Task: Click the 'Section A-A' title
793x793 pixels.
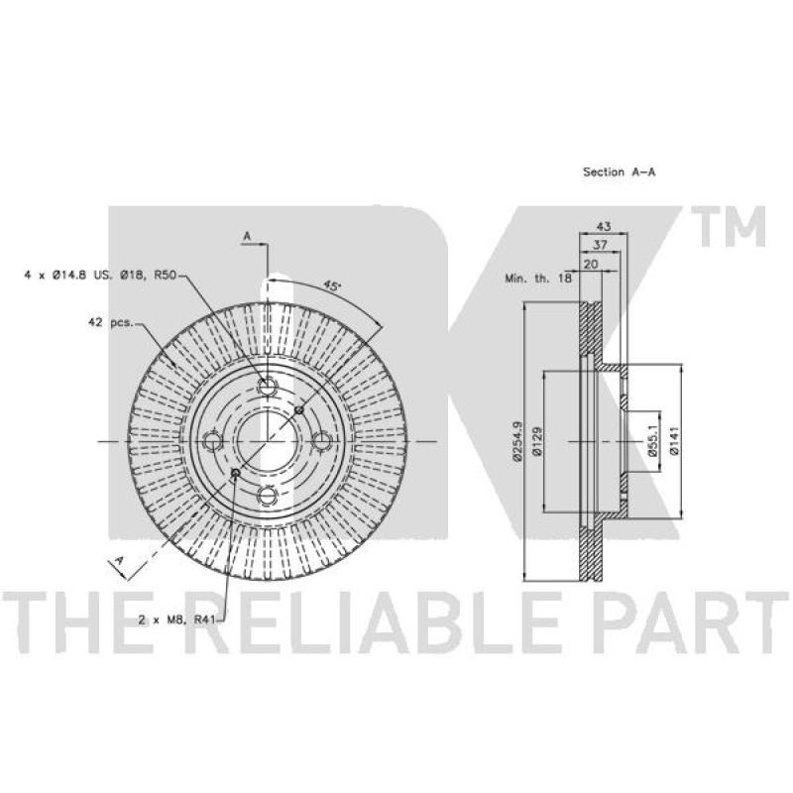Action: [x=619, y=171]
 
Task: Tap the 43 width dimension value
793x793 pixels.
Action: [x=604, y=226]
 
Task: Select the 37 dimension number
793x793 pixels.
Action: [x=600, y=245]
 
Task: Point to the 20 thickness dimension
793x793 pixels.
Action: [x=591, y=264]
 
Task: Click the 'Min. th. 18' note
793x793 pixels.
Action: [x=538, y=278]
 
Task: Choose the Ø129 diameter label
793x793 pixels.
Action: [x=537, y=441]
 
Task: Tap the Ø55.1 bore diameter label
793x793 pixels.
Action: [x=653, y=441]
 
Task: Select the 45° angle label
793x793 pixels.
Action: [x=332, y=285]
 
